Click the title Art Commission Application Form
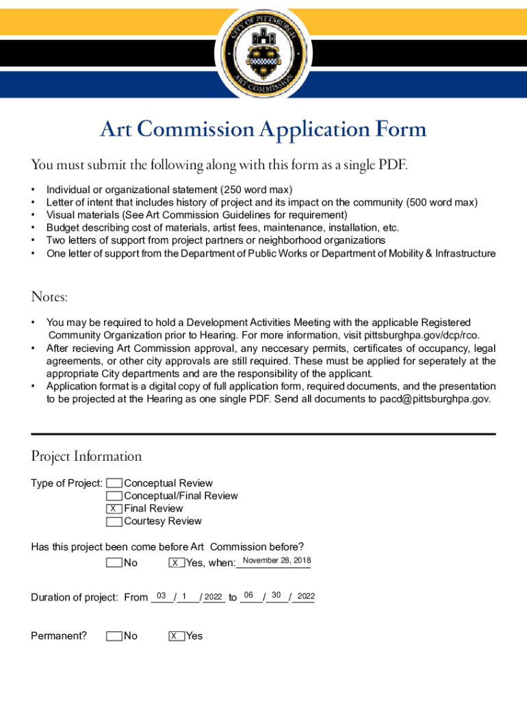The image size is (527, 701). (x=263, y=129)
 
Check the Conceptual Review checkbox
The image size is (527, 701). (x=114, y=483)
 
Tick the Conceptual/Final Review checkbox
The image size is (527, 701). (x=114, y=496)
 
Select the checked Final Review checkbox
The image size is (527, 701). (x=114, y=509)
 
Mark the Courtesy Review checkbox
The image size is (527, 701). (x=114, y=522)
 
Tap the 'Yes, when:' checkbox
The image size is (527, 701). (x=176, y=563)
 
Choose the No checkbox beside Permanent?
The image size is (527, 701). (x=114, y=636)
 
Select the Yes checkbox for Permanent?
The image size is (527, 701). (x=176, y=636)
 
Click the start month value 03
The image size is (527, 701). (x=162, y=596)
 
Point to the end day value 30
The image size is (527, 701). (x=277, y=595)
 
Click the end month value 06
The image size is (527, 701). (x=249, y=595)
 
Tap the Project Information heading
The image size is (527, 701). (x=86, y=457)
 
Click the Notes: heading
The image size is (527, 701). (x=49, y=297)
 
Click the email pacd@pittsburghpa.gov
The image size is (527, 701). (x=435, y=399)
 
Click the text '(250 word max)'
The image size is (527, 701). (x=256, y=189)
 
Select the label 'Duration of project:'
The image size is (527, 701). (x=75, y=598)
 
